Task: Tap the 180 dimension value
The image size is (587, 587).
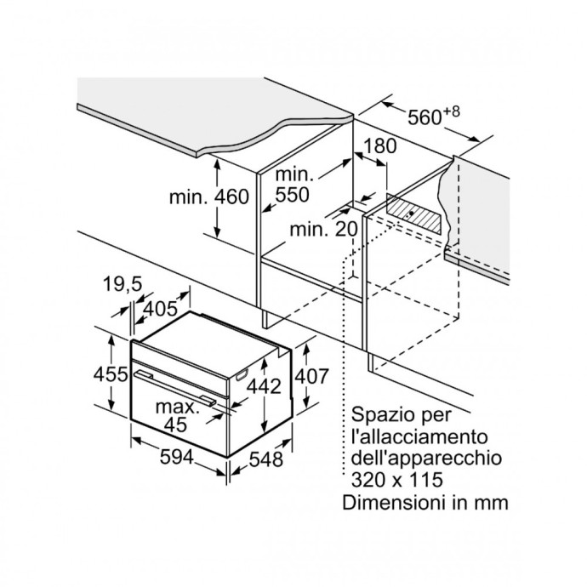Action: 379,145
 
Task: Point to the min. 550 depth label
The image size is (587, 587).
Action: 293,185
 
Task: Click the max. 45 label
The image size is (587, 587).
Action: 178,415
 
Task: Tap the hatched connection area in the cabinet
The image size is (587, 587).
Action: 418,212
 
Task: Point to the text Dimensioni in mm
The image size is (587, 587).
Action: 425,502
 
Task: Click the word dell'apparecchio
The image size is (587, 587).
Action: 425,459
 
